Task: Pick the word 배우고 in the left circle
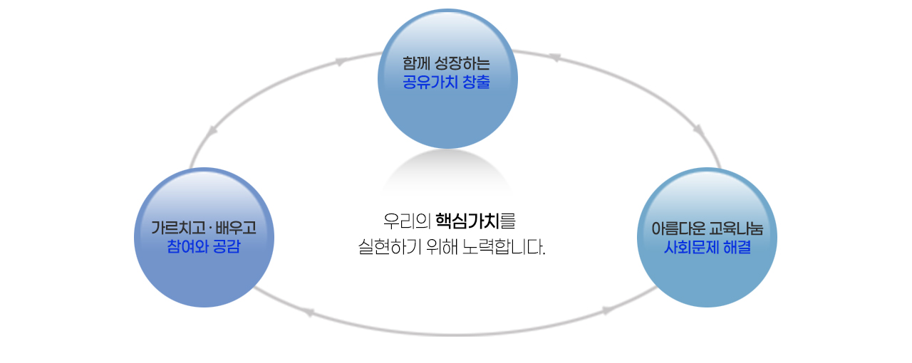234,228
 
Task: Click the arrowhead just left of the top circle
341,62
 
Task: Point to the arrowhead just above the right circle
699,132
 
